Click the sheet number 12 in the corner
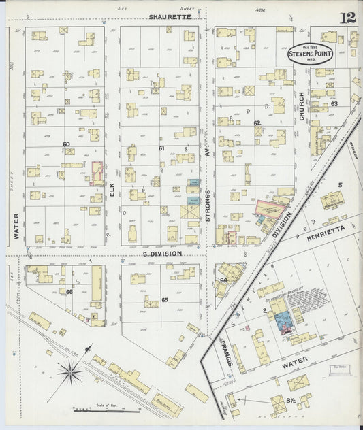348,16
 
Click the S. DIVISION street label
162,254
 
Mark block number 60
66,144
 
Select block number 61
161,148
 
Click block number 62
257,123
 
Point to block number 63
334,104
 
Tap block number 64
223,280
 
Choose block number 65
164,299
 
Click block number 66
69,292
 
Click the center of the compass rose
70,372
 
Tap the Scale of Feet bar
106,410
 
